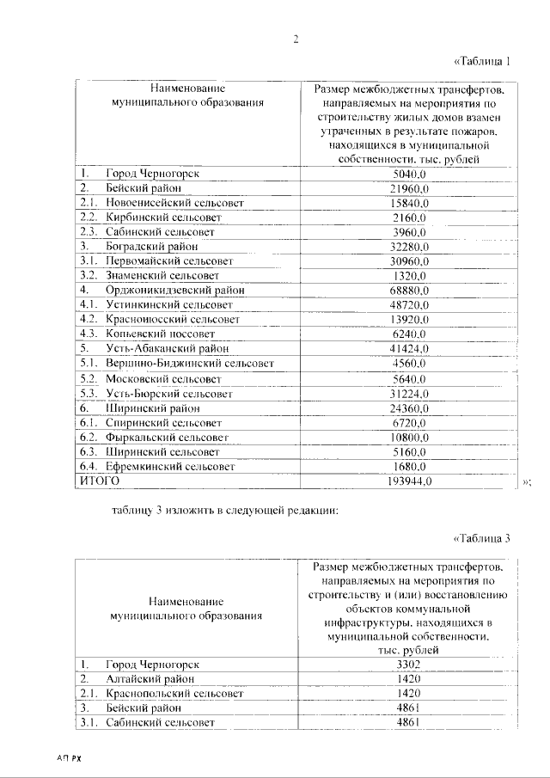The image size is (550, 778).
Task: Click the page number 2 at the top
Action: click(x=294, y=39)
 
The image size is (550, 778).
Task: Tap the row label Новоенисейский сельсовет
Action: click(x=174, y=203)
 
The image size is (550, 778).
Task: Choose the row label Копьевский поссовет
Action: click(x=160, y=334)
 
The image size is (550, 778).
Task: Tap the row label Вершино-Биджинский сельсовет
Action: click(x=190, y=364)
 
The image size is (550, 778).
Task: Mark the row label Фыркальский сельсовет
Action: click(x=168, y=438)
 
